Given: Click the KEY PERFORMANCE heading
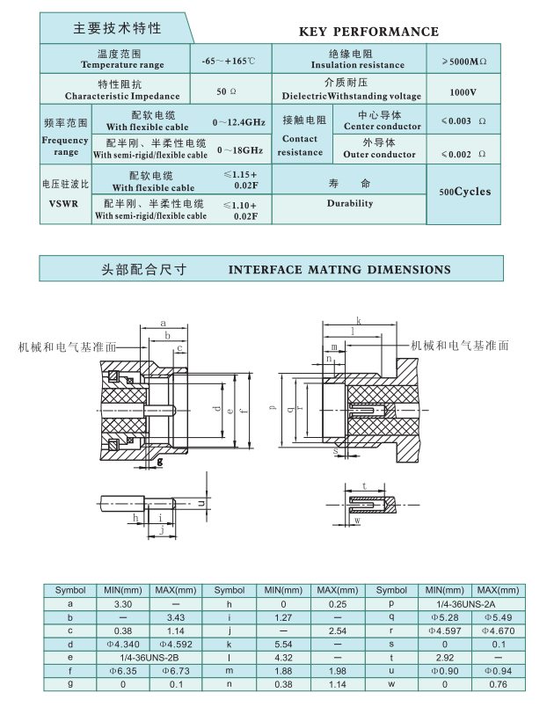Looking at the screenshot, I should click(x=368, y=32).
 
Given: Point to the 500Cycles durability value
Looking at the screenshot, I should click(x=465, y=192).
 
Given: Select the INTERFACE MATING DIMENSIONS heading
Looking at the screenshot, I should click(x=339, y=270).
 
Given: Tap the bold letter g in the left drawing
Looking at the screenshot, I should click(x=160, y=460).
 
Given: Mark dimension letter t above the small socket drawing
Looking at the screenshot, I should click(x=364, y=485).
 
